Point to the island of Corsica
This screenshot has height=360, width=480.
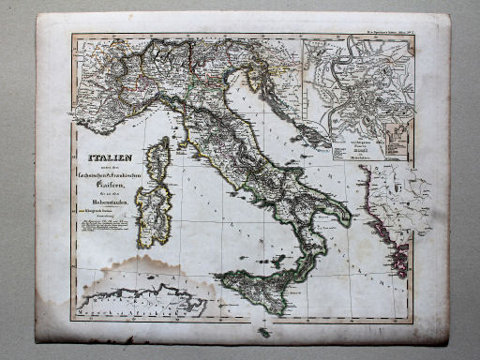[x=160, y=158]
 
